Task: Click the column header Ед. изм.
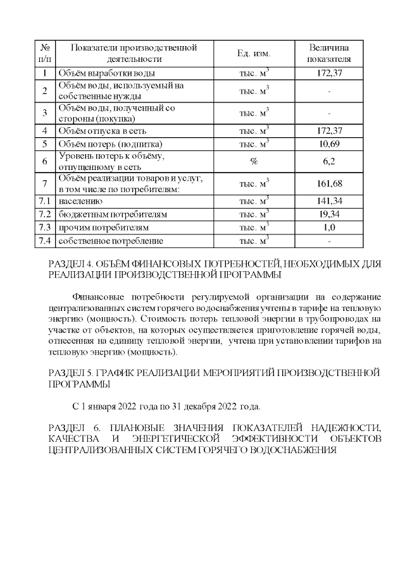[254, 54]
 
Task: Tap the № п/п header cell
[45, 54]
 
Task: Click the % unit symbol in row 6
[254, 161]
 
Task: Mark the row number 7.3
[45, 228]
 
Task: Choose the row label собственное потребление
[111, 241]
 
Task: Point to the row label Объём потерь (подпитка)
[111, 144]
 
